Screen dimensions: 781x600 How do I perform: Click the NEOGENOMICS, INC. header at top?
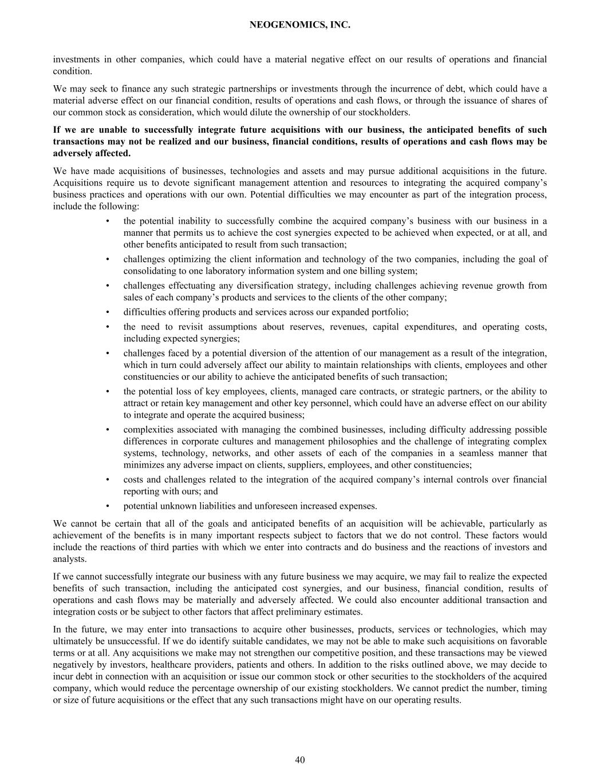(x=300, y=25)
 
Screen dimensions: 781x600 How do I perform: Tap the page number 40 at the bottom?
(x=300, y=760)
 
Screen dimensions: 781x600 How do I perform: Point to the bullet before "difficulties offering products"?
(x=108, y=312)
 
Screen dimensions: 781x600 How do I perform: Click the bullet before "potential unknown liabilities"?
(x=108, y=506)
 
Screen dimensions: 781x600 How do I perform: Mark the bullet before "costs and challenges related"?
(x=108, y=480)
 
